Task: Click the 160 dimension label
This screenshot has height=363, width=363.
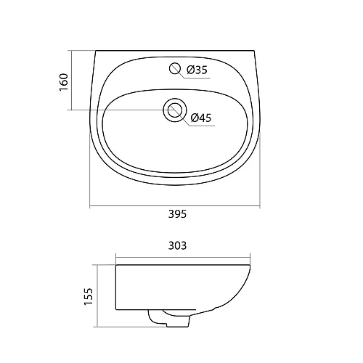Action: tap(63, 81)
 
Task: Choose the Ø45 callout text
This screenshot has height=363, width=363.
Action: tap(200, 118)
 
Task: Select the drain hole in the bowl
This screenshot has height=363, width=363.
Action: tap(174, 110)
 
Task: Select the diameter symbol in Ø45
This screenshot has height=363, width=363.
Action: tap(194, 118)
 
